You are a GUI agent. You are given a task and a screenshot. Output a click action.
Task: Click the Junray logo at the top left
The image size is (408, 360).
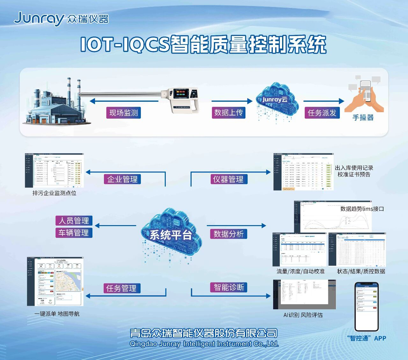click(61, 19)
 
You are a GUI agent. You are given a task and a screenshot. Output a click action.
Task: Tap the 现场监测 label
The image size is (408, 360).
click(123, 113)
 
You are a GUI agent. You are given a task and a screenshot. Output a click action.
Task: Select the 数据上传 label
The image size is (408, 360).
click(229, 112)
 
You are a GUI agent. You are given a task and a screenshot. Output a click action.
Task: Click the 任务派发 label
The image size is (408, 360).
click(322, 113)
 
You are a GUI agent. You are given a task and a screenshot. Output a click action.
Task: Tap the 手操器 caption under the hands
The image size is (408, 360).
click(363, 118)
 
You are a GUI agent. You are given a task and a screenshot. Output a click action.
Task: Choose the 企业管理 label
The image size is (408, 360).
click(122, 179)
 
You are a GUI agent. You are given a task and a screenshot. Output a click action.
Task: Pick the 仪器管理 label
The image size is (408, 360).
click(228, 179)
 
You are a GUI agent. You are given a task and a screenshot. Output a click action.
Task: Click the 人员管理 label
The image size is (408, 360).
click(74, 221)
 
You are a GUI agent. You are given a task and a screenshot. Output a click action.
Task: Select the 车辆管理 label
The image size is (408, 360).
click(74, 233)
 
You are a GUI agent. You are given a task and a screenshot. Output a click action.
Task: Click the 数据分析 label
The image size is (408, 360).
click(229, 234)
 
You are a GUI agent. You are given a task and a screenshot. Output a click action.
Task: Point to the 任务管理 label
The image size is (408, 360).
click(121, 288)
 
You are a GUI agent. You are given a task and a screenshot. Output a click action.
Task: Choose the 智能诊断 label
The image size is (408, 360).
click(229, 287)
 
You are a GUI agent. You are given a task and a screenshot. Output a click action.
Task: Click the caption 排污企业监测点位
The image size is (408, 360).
click(55, 193)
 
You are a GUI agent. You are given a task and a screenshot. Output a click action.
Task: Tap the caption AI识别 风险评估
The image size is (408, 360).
click(303, 315)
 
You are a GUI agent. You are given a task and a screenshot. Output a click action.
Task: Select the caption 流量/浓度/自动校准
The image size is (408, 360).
click(301, 271)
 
